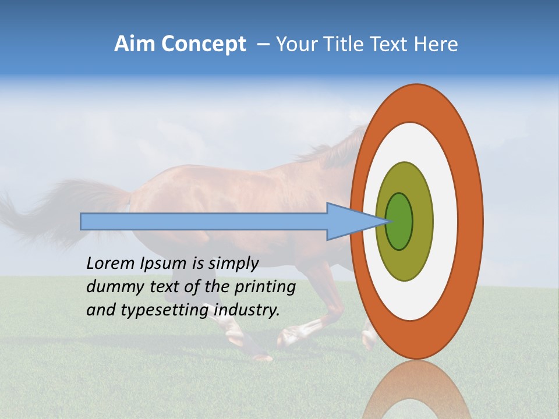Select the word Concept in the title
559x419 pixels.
(203, 44)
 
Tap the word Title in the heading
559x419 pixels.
(347, 44)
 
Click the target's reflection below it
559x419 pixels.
(416, 393)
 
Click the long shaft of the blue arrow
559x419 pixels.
(204, 221)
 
